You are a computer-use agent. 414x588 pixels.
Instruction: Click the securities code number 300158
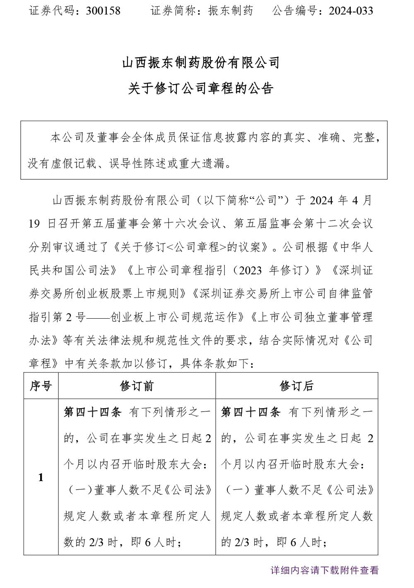(x=103, y=10)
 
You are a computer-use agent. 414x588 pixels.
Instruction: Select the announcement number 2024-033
(x=351, y=10)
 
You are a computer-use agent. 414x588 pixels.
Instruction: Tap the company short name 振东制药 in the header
(x=231, y=10)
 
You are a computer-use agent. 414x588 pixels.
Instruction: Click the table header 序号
(x=41, y=386)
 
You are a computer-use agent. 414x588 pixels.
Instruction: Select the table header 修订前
(x=137, y=386)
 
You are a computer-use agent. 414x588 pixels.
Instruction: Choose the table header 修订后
(x=296, y=386)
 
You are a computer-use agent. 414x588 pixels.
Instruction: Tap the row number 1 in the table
(x=41, y=477)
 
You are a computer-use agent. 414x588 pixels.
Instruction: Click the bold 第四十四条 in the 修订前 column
(x=92, y=412)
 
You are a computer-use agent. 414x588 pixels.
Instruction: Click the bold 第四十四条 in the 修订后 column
(x=251, y=412)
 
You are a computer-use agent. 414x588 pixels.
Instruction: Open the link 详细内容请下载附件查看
(x=325, y=570)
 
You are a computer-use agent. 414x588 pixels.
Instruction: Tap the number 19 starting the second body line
(x=35, y=224)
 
